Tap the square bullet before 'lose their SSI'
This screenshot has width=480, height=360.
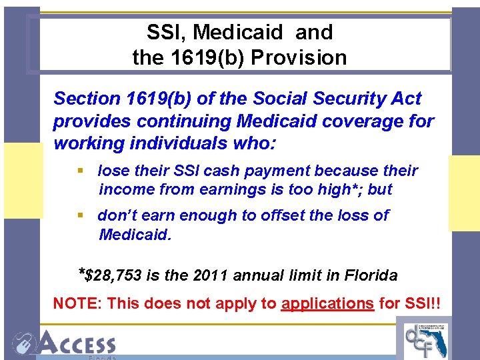tap(81, 171)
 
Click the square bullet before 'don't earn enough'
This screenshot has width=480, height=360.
tap(81, 216)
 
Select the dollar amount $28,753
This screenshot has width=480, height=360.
tap(115, 275)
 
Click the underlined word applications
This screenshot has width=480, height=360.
tap(327, 303)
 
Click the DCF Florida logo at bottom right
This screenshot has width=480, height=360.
tap(427, 339)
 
